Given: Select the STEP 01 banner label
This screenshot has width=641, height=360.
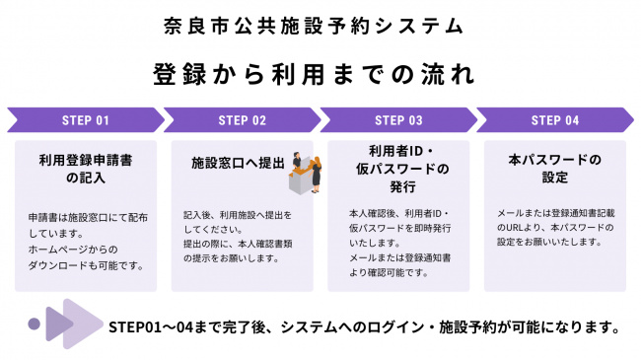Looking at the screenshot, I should coord(85,120).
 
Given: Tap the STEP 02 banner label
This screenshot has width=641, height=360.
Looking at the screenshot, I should coord(242,120).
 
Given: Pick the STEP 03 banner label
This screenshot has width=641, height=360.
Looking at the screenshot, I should coord(398,120).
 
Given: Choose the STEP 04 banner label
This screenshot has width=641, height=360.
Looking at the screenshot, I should coord(555,120).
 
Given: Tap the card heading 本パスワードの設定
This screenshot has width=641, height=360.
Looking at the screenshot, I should coord(555,168).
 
